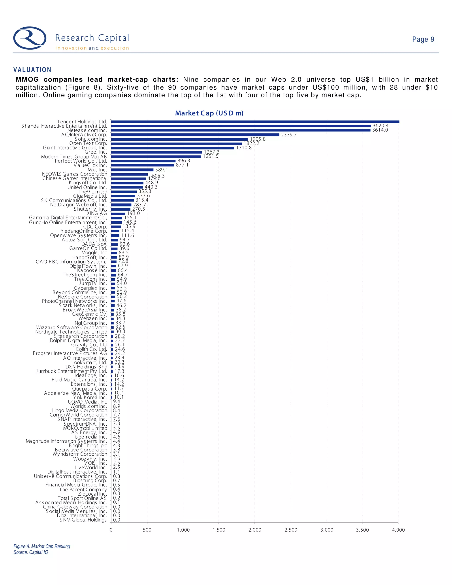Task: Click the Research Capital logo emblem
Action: (30, 38)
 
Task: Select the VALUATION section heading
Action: (32, 70)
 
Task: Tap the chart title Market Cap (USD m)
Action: (209, 113)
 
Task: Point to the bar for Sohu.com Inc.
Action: (179, 139)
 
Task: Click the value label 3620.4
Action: (380, 126)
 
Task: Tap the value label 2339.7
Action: (289, 135)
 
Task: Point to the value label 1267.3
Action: (211, 152)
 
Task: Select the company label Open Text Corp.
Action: (88, 143)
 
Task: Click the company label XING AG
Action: (97, 213)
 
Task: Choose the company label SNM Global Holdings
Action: (83, 520)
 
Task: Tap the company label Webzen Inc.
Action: (93, 319)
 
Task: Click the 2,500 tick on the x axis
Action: (291, 530)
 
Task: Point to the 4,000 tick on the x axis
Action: (398, 530)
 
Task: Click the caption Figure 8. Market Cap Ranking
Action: (42, 546)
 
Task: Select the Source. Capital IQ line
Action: (31, 552)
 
